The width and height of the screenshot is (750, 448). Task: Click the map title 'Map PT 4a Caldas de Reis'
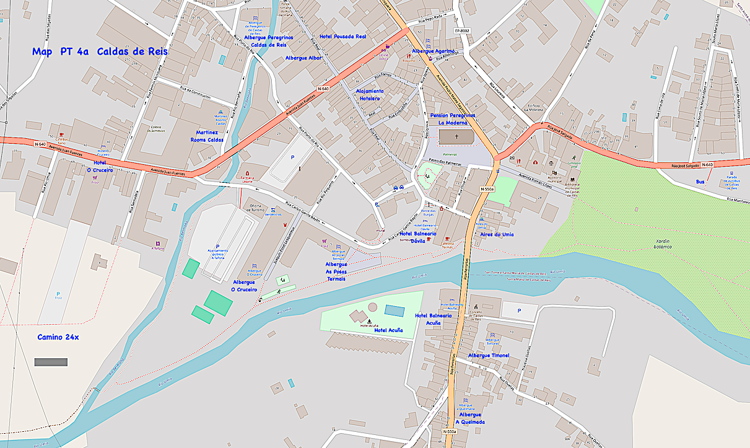click(x=100, y=52)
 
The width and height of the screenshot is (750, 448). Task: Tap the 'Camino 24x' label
click(x=58, y=337)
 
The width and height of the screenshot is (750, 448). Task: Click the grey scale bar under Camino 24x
click(x=51, y=361)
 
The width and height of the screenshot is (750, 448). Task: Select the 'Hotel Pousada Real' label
click(x=342, y=37)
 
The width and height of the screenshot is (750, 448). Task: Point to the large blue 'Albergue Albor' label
click(x=303, y=58)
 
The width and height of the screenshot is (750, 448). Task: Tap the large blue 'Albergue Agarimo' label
click(x=434, y=51)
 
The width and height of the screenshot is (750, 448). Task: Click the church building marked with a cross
click(x=458, y=136)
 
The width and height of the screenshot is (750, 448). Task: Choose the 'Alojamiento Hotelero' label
click(x=370, y=95)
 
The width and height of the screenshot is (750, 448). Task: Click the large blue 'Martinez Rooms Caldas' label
click(x=207, y=136)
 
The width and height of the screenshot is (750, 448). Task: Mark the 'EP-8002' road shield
click(x=462, y=30)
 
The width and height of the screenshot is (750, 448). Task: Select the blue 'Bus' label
click(x=700, y=182)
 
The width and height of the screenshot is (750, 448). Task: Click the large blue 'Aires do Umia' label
click(x=497, y=234)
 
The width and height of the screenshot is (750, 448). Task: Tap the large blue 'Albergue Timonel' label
click(x=488, y=355)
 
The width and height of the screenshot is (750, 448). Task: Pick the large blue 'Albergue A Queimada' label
click(x=470, y=418)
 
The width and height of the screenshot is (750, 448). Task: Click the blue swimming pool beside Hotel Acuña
click(x=394, y=310)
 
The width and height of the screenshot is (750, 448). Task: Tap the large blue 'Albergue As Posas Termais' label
click(x=336, y=271)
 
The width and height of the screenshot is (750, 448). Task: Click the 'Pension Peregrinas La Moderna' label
click(x=453, y=119)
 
